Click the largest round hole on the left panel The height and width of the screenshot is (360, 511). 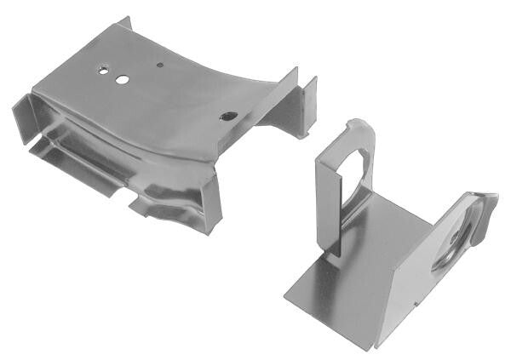[x=123, y=79]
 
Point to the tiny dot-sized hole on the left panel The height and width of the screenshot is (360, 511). [x=160, y=63]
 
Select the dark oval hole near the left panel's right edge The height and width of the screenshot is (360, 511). [x=227, y=117]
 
